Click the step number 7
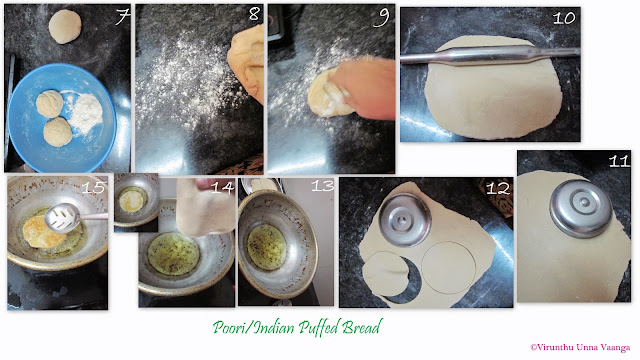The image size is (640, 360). point(122,17)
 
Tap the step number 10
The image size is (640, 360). point(564,18)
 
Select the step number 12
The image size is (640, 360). point(498,188)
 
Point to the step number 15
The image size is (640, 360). point(93,187)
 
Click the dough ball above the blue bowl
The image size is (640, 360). point(65,27)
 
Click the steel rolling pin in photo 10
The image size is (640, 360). point(490,56)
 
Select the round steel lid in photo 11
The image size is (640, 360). point(580,208)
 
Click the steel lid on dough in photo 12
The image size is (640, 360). point(405,220)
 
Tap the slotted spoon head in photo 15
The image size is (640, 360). point(62,218)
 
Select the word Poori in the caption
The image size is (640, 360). point(231,327)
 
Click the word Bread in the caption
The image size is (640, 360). point(362,327)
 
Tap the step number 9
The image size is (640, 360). point(382,18)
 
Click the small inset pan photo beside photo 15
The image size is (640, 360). point(136,202)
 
